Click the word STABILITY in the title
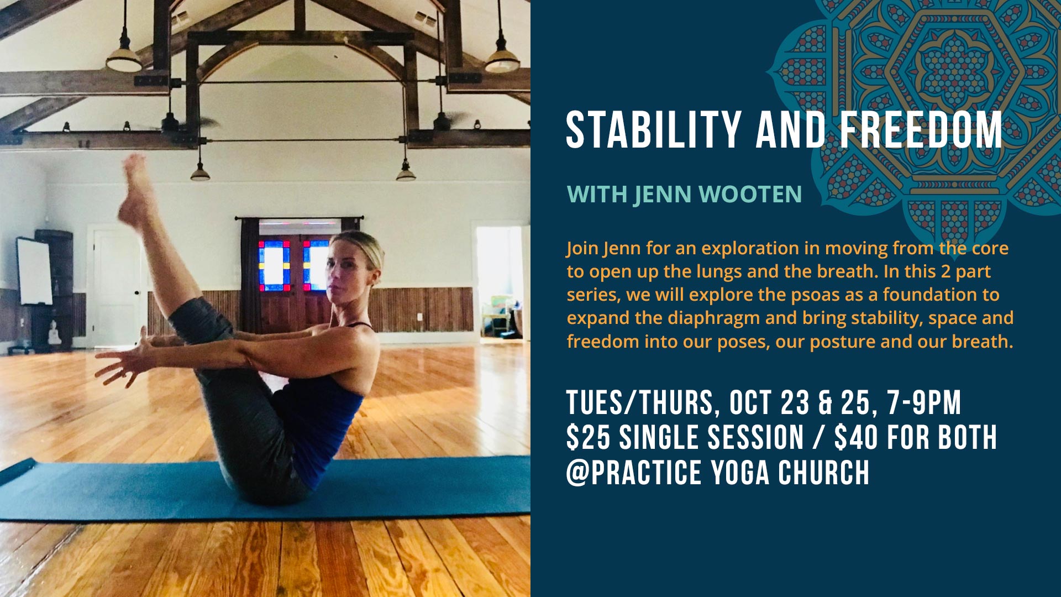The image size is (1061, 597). (653, 130)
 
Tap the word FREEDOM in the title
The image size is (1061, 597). (921, 130)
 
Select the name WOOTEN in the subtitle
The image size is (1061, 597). (750, 195)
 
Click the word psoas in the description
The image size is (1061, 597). (820, 295)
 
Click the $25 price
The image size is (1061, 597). (588, 438)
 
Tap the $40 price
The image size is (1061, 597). (856, 438)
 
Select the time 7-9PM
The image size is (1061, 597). (924, 402)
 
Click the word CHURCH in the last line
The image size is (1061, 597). (823, 473)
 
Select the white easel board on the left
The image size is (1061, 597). (34, 271)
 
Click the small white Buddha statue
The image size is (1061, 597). (54, 333)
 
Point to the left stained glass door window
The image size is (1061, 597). (274, 266)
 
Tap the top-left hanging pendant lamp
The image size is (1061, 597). (124, 55)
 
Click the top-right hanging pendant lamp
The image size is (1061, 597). (502, 55)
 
